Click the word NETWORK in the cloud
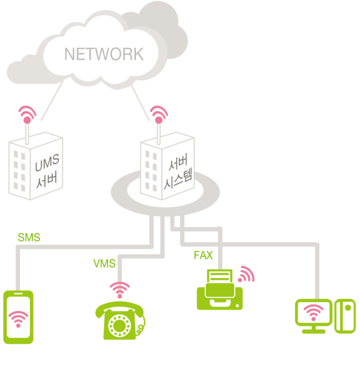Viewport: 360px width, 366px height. (103, 54)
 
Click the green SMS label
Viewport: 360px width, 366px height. (29, 237)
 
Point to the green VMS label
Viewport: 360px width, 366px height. (104, 264)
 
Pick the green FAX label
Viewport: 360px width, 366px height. (203, 255)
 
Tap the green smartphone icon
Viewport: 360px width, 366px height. (19, 317)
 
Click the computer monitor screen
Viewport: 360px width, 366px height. (313, 313)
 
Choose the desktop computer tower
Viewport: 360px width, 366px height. (345, 316)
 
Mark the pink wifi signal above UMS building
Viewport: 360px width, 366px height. (27, 114)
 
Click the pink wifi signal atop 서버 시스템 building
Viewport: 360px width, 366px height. (158, 114)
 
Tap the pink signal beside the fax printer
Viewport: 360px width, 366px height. (246, 274)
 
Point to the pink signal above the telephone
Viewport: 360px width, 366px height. (120, 288)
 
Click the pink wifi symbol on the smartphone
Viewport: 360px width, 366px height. (18, 318)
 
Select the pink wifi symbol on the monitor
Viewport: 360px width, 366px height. (313, 313)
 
